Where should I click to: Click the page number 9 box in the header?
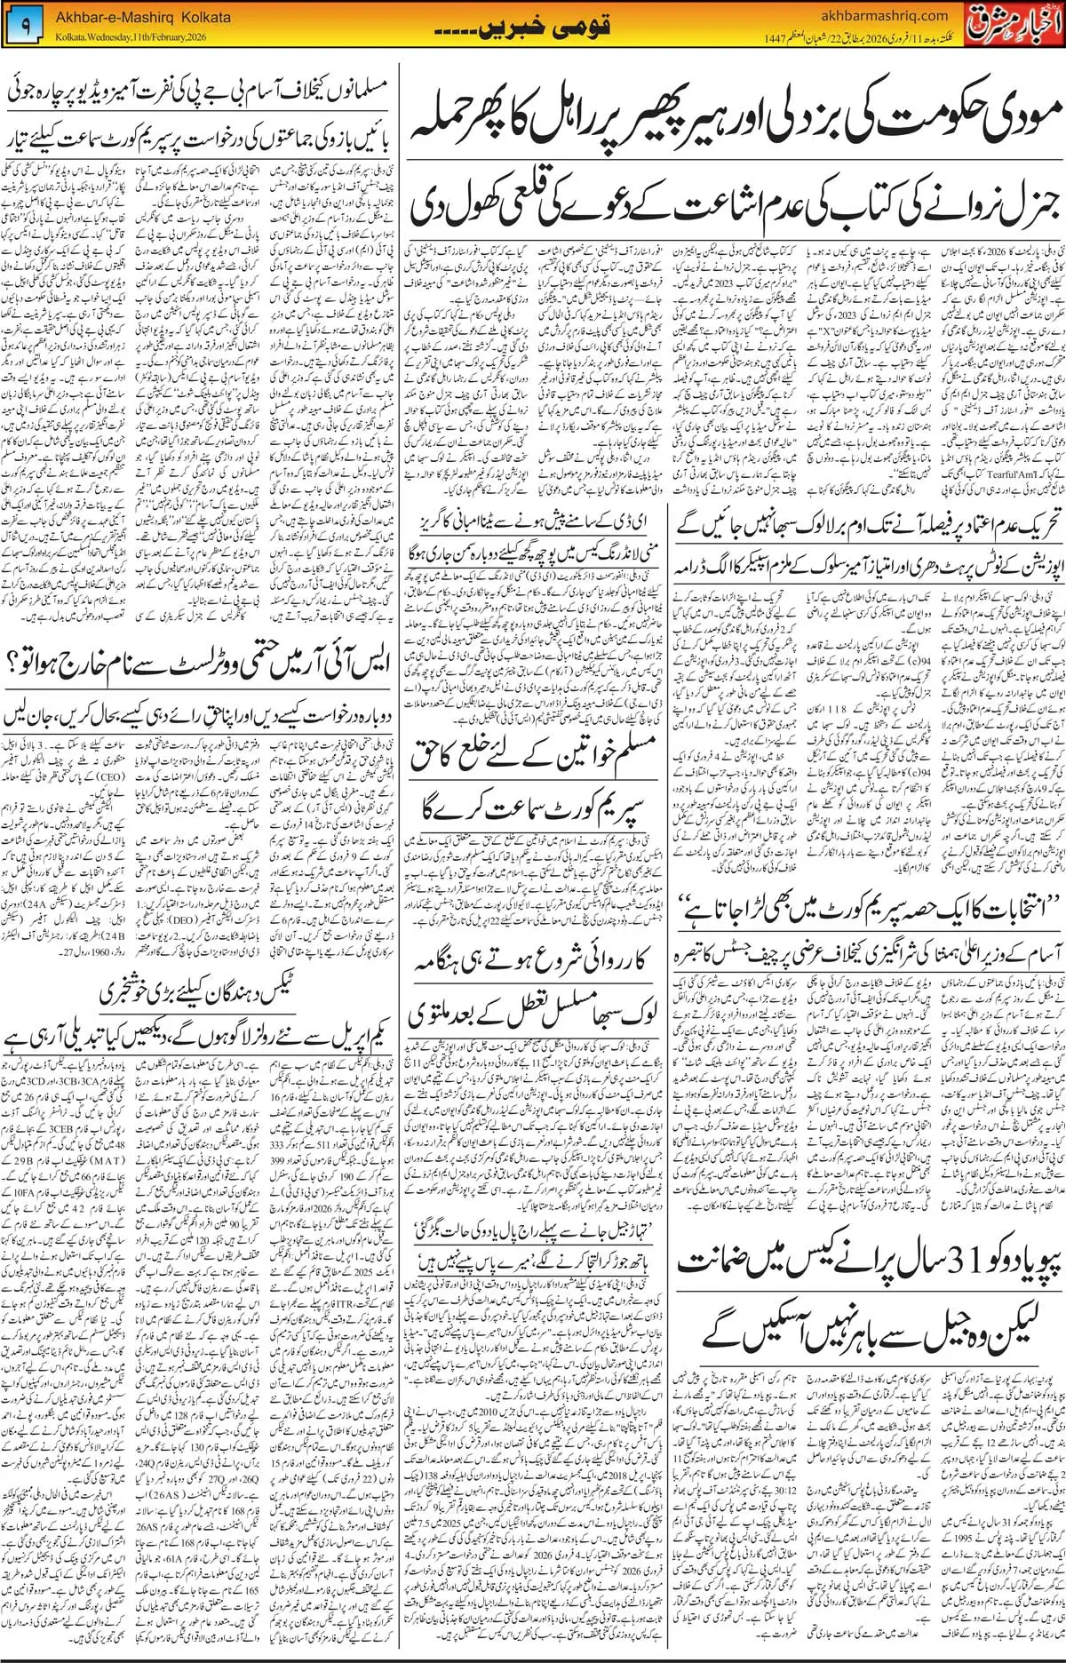(25, 28)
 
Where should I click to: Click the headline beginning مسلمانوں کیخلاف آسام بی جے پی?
(199, 92)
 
